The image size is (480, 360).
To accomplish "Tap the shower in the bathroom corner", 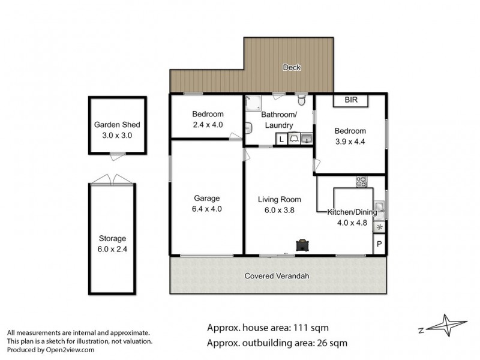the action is pyautogui.click(x=254, y=103).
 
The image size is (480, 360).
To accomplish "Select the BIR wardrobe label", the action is pyautogui.click(x=351, y=100).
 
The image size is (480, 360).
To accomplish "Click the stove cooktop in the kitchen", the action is pyautogui.click(x=361, y=182).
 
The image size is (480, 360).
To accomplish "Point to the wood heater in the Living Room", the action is pyautogui.click(x=302, y=245).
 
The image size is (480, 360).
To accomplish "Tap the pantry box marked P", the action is pyautogui.click(x=379, y=244).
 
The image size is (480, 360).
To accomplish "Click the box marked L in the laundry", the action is pyautogui.click(x=281, y=139).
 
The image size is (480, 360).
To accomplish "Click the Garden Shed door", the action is pyautogui.click(x=118, y=156).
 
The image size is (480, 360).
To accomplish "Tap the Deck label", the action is pyautogui.click(x=292, y=67).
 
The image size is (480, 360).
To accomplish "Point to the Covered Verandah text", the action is pyautogui.click(x=277, y=276).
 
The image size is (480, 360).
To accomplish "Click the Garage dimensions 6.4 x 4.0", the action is pyautogui.click(x=207, y=209).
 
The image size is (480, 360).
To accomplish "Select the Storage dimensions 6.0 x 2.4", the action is pyautogui.click(x=112, y=249).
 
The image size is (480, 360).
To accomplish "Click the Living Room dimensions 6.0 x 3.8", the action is pyautogui.click(x=280, y=210).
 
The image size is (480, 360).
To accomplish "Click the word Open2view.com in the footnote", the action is pyautogui.click(x=70, y=350).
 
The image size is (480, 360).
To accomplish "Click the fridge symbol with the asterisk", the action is pyautogui.click(x=380, y=227).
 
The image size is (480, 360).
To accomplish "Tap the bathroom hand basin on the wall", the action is pyautogui.click(x=248, y=128).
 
